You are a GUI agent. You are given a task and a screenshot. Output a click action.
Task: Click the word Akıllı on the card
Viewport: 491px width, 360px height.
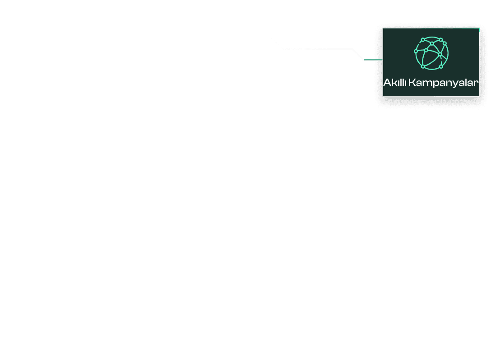394,82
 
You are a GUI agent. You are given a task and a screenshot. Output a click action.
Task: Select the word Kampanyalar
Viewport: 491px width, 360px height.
444,83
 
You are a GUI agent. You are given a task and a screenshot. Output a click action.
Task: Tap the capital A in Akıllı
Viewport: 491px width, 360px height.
387,82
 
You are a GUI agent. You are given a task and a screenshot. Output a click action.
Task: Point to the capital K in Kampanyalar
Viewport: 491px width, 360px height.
412,82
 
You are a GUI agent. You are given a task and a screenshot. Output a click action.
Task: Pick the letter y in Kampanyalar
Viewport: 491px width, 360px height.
456,84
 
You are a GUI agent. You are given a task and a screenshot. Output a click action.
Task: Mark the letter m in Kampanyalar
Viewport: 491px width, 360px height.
427,84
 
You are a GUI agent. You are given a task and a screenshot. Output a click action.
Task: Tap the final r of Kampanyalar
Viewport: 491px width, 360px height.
476,84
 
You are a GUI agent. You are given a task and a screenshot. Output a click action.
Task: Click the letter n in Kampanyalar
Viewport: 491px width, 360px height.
449,84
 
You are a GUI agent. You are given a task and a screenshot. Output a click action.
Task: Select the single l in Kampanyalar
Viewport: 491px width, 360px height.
466,82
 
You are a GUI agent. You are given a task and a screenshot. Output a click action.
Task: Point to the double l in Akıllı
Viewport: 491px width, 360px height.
402,82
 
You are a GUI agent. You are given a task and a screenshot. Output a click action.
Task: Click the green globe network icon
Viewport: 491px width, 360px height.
431,53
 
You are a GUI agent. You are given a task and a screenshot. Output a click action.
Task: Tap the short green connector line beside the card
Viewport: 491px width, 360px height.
373,60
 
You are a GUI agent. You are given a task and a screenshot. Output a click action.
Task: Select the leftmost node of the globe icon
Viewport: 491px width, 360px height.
416,51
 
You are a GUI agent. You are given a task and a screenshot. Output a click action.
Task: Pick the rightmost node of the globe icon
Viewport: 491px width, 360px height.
445,43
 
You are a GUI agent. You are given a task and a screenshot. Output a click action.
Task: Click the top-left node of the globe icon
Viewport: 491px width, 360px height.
423,40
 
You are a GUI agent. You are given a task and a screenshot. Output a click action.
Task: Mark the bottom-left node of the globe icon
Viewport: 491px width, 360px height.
423,66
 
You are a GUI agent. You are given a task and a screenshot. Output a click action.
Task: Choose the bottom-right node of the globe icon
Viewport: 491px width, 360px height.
441,66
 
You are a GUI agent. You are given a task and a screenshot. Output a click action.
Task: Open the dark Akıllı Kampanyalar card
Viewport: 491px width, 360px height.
431,62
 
